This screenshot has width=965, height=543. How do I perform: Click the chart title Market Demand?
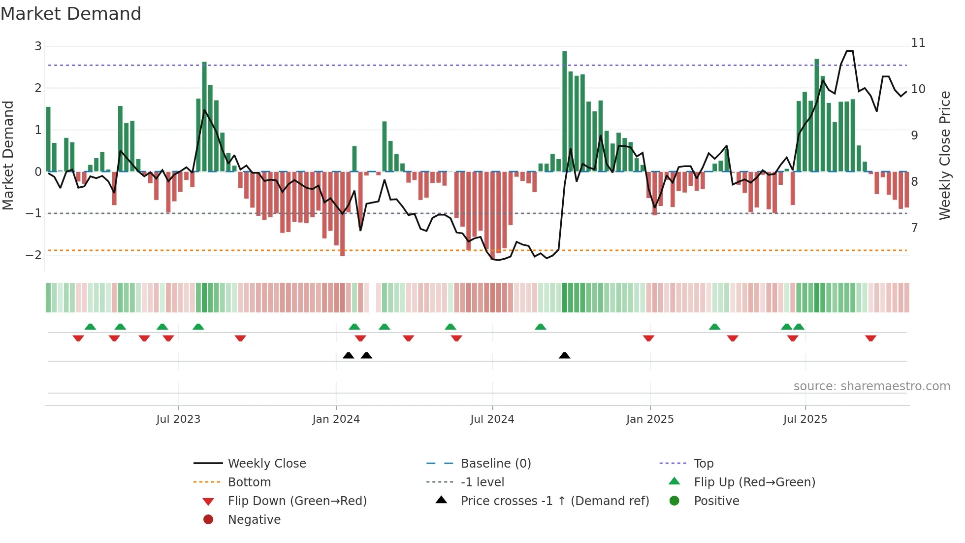(x=71, y=14)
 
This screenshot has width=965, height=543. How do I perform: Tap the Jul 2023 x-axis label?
(x=178, y=419)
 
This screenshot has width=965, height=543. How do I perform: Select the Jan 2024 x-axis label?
(x=336, y=419)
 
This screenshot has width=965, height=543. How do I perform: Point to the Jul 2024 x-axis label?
(x=492, y=419)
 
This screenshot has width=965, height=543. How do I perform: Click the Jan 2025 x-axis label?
(x=650, y=419)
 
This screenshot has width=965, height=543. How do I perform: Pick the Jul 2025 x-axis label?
(x=805, y=419)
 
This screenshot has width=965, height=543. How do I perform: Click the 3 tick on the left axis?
(x=38, y=46)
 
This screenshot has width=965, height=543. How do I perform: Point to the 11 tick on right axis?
(x=918, y=43)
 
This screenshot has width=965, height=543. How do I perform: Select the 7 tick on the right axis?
(x=915, y=228)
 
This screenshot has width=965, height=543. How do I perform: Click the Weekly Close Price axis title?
(x=944, y=155)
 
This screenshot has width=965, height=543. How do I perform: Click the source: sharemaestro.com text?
(x=871, y=386)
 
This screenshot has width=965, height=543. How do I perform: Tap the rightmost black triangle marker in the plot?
(x=565, y=355)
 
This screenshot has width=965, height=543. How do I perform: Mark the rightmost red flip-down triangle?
(x=870, y=338)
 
